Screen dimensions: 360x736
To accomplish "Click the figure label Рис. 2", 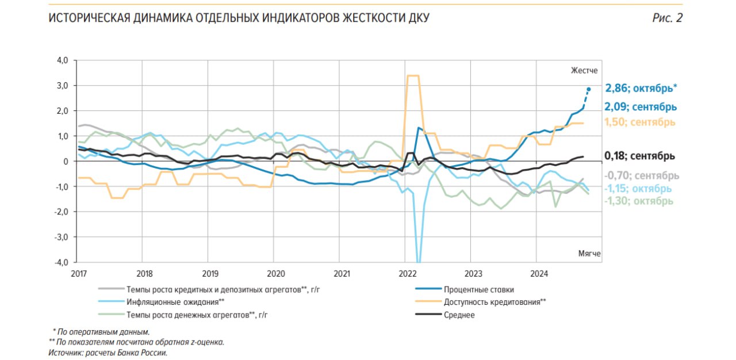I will click(x=667, y=18).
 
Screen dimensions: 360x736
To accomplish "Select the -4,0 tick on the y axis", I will click(x=61, y=262).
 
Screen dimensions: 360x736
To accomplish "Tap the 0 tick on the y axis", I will click(x=66, y=162).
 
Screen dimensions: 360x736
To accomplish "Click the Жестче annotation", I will click(x=584, y=70).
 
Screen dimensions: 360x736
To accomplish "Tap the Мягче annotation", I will click(x=589, y=253).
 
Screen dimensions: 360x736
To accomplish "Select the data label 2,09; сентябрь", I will click(x=641, y=107).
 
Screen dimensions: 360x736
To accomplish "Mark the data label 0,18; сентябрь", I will click(x=639, y=156).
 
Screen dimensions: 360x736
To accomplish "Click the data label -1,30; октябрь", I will click(x=638, y=201).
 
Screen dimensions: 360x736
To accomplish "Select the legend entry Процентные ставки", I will click(x=478, y=289).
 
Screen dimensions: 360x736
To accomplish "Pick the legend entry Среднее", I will click(x=459, y=315).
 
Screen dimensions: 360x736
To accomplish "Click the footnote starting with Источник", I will click(x=108, y=353).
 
